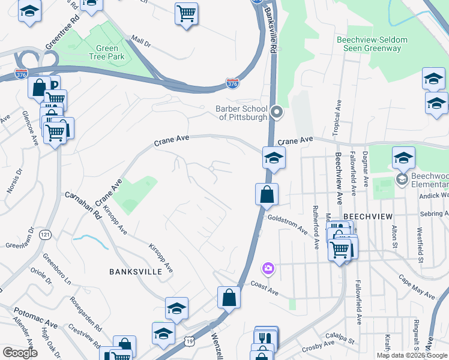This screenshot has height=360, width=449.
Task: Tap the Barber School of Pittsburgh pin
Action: tap(277, 112)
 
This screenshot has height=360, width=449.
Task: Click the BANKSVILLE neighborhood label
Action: tap(136, 272)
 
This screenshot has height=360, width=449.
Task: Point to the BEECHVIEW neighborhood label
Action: tap(367, 215)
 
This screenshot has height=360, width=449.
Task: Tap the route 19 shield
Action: tap(190, 340)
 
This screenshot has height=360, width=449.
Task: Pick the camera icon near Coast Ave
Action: tap(268, 269)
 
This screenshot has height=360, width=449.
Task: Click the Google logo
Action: tap(20, 353)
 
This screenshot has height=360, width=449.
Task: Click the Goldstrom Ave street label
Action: tap(288, 226)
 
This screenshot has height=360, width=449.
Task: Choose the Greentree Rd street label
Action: tap(62, 32)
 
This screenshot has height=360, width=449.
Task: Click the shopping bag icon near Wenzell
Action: tap(229, 296)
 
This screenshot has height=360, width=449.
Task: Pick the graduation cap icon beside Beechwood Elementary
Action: tap(403, 158)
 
